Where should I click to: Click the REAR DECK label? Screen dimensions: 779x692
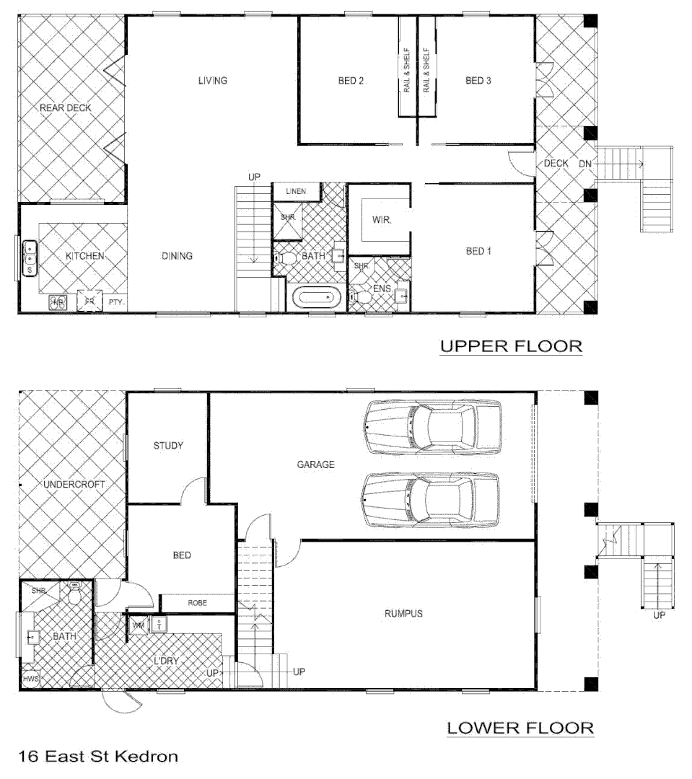pyautogui.click(x=66, y=108)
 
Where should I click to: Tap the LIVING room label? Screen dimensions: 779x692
pyautogui.click(x=213, y=80)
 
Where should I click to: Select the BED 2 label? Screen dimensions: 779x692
pyautogui.click(x=351, y=81)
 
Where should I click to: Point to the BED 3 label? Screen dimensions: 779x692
pyautogui.click(x=478, y=81)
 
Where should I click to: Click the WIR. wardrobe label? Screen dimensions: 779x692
pyautogui.click(x=382, y=221)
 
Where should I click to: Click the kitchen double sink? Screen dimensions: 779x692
pyautogui.click(x=30, y=258)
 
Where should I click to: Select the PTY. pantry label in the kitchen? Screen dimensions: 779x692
pyautogui.click(x=116, y=303)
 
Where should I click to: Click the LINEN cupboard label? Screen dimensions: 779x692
pyautogui.click(x=296, y=191)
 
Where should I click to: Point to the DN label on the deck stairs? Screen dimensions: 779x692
pyautogui.click(x=585, y=164)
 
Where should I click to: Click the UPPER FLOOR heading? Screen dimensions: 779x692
pyautogui.click(x=511, y=346)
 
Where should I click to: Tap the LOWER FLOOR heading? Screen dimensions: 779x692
pyautogui.click(x=520, y=728)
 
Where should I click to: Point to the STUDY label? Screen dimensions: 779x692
pyautogui.click(x=168, y=445)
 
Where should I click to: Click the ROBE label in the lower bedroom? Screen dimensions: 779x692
pyautogui.click(x=198, y=602)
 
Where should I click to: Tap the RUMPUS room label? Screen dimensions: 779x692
pyautogui.click(x=403, y=614)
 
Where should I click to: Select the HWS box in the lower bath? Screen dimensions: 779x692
pyautogui.click(x=30, y=679)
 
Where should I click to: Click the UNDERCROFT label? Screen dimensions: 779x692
pyautogui.click(x=74, y=485)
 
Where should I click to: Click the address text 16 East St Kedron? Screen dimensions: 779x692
pyautogui.click(x=97, y=757)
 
